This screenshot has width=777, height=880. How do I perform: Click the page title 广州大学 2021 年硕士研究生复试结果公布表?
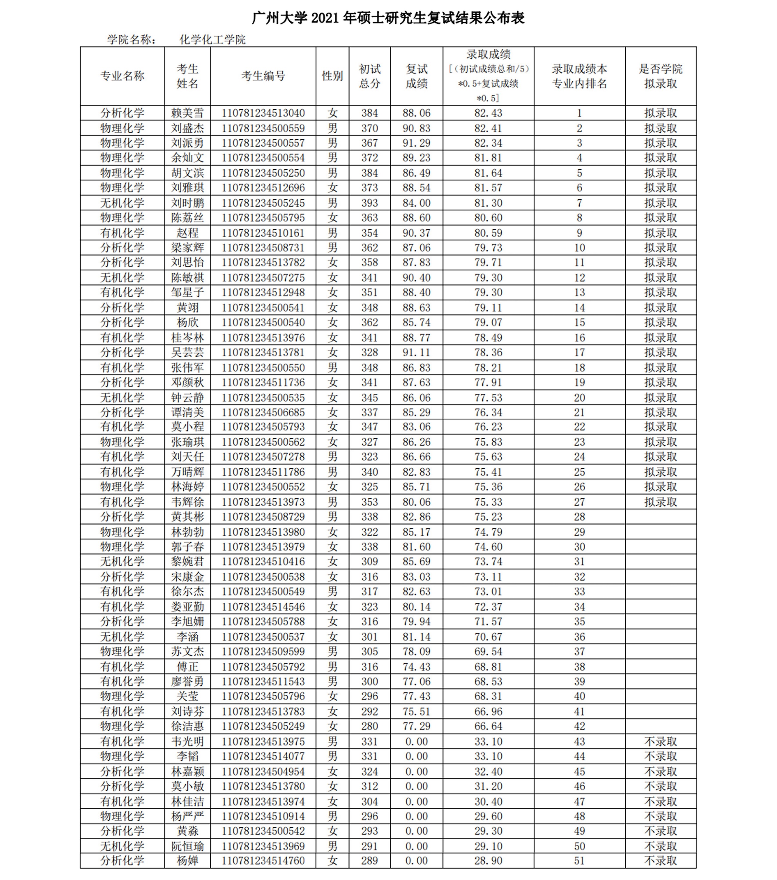point(388,18)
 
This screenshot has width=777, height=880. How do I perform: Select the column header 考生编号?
point(263,76)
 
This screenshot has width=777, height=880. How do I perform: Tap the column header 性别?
point(332,76)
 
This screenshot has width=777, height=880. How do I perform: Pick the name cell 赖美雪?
point(187,113)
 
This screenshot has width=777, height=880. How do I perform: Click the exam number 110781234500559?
point(263,128)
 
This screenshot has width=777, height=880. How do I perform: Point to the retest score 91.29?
point(416,143)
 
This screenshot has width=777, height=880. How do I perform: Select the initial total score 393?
point(370,203)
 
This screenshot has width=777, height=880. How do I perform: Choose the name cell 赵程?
point(187,233)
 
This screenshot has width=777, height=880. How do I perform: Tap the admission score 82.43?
point(488,113)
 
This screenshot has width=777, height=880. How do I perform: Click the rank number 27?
point(579,502)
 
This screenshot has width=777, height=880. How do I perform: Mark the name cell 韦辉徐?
point(187,502)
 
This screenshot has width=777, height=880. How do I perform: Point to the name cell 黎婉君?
point(187,561)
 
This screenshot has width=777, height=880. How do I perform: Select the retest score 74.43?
point(416,667)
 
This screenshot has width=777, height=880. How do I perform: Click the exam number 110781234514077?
point(263,756)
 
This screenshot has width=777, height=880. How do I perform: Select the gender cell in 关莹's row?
point(332,696)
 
